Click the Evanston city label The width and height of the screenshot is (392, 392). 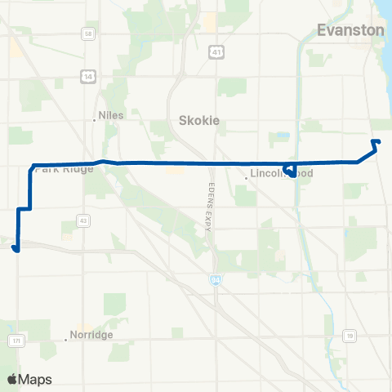(350, 30)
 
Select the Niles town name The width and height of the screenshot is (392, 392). (110, 115)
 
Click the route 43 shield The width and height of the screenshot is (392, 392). (83, 220)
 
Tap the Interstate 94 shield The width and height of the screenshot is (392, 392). (212, 279)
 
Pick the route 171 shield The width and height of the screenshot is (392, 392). (17, 339)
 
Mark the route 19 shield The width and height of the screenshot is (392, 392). (350, 335)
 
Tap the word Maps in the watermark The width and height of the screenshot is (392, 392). (35, 379)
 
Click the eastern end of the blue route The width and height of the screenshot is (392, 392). (378, 142)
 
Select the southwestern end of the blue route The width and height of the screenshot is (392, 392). (16, 250)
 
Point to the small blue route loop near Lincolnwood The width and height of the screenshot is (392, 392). (288, 170)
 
